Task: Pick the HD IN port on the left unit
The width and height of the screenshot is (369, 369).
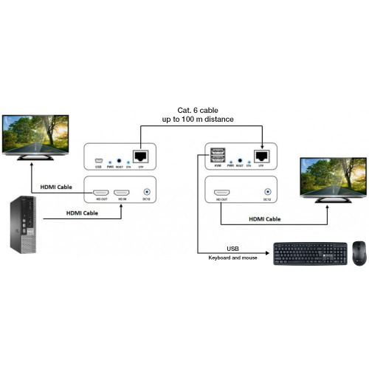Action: [x=123, y=190]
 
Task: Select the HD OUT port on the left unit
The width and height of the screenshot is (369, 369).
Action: [x=100, y=190]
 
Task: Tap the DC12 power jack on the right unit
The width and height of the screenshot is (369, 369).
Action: [x=266, y=190]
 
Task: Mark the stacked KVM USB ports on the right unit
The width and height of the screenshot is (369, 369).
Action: [x=218, y=156]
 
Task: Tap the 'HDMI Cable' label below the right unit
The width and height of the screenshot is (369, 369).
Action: [x=264, y=218]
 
